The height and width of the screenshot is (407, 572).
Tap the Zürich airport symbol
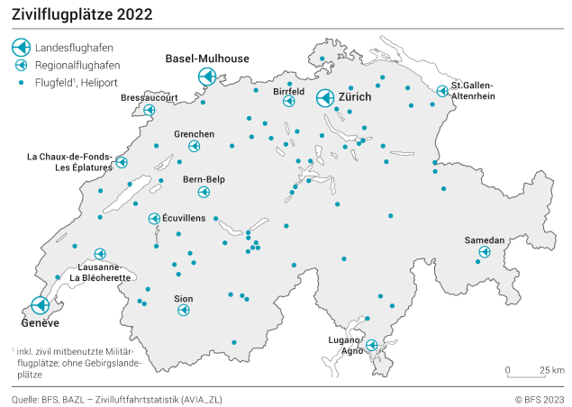325,100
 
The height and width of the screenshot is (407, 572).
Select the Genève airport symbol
41,306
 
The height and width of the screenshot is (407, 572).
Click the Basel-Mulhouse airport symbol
207,78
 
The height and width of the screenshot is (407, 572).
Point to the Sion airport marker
184,311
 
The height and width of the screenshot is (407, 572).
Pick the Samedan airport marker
484,253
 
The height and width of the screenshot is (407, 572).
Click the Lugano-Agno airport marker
371,345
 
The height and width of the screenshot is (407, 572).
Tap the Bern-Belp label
204,179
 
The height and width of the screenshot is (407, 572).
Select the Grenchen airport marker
195,146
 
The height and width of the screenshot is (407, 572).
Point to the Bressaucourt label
150,98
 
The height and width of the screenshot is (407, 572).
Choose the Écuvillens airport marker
154,219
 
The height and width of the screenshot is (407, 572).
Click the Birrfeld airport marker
289,102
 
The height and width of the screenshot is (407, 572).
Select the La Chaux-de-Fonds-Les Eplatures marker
122,163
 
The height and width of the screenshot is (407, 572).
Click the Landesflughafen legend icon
21,48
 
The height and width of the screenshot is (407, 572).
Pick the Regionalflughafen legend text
77,66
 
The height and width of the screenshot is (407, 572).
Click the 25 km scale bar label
552,370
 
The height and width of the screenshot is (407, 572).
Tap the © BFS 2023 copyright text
539,398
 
